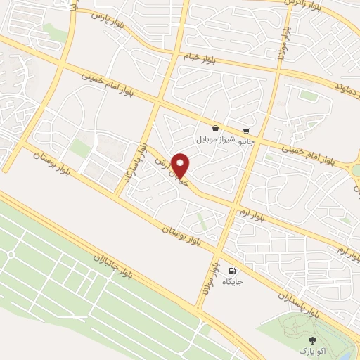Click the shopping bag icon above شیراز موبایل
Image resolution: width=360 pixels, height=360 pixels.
(x=214, y=129)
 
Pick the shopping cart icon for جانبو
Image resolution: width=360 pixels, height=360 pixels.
(x=246, y=131)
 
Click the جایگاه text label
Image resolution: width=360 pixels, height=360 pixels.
(x=233, y=281)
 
